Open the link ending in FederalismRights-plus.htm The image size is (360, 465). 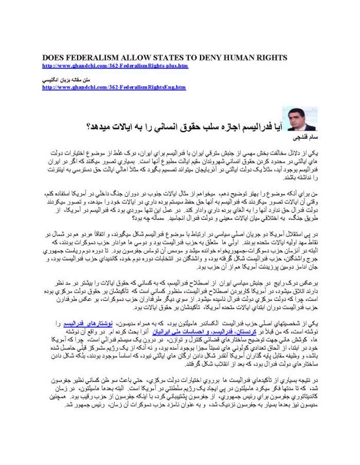pyautogui.click(x=115, y=66)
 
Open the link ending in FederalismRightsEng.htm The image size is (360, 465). pyautogui.click(x=114, y=87)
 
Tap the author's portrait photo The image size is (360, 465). pyautogui.click(x=302, y=119)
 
